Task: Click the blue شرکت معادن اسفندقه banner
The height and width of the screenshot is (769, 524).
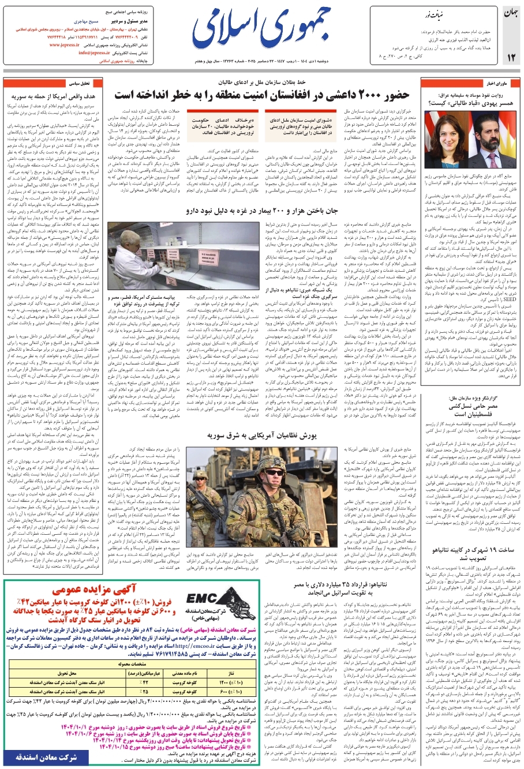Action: (x=46, y=756)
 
